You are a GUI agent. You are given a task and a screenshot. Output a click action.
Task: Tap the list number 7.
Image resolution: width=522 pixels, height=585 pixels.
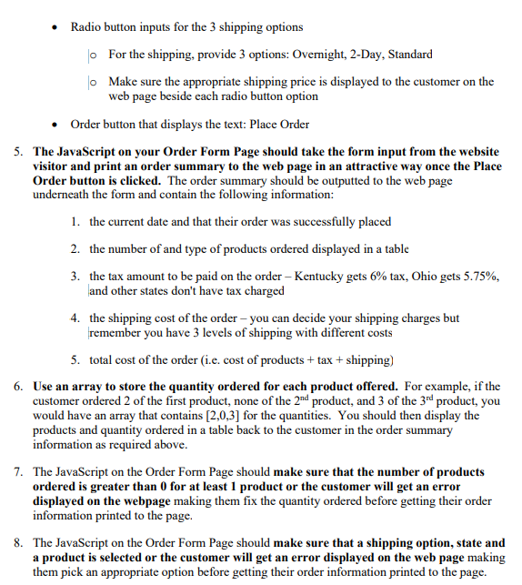[x=19, y=472]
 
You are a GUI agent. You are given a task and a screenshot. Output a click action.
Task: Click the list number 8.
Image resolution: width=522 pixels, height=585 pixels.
[x=19, y=542]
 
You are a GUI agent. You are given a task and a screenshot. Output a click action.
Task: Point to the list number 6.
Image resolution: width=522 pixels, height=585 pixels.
[x=19, y=387]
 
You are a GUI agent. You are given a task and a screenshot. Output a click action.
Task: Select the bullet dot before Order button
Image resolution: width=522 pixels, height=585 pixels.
[x=56, y=125]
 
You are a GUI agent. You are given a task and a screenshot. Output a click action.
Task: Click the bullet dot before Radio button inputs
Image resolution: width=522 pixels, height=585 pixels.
[x=56, y=27]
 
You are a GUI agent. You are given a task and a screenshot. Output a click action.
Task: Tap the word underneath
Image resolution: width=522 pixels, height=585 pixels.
[x=61, y=195]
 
